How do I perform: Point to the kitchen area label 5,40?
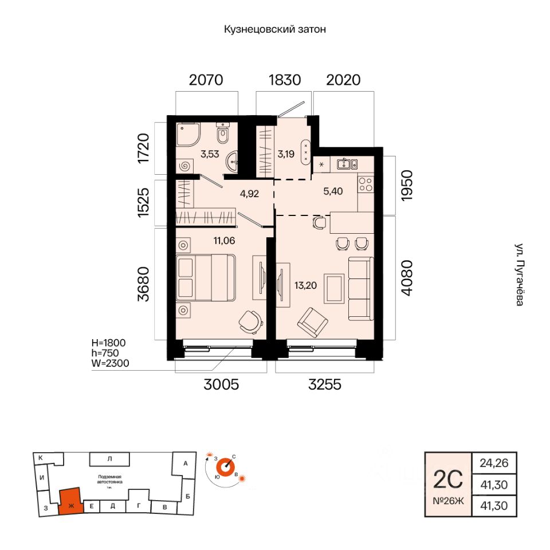click(333, 191)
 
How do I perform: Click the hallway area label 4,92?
click(250, 193)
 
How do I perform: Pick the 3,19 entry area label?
click(286, 153)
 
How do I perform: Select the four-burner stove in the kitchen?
click(365, 184)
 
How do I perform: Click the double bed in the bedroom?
click(206, 278)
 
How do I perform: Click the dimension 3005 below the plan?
click(221, 385)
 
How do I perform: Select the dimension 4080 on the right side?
click(406, 278)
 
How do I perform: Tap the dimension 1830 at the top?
click(285, 80)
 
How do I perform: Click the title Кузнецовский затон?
click(275, 30)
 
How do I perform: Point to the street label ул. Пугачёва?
click(519, 275)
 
